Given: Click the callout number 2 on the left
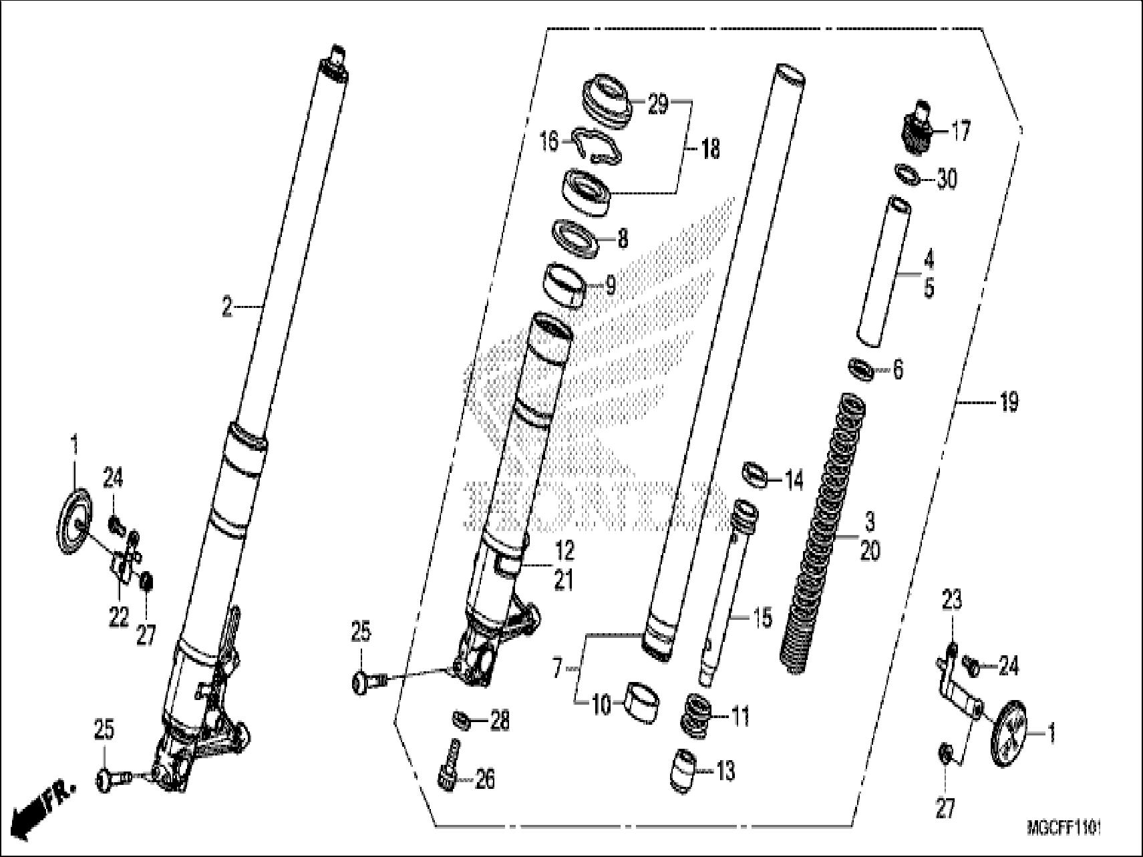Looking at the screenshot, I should (228, 308).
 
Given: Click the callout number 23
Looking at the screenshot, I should (951, 600).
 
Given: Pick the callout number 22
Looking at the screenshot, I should (119, 617).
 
